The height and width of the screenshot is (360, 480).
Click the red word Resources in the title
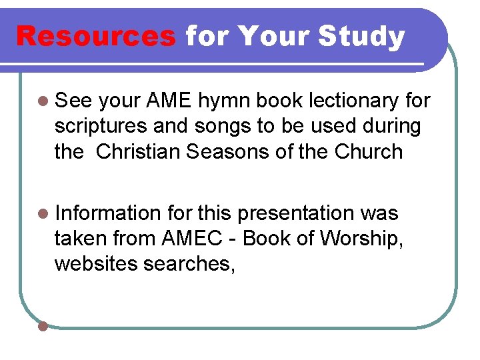tap(95, 37)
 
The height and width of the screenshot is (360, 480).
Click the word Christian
tap(138, 152)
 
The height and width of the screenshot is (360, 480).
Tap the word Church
tap(369, 152)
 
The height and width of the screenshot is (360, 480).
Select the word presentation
tap(296, 214)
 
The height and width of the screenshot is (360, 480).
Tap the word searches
tap(188, 264)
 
